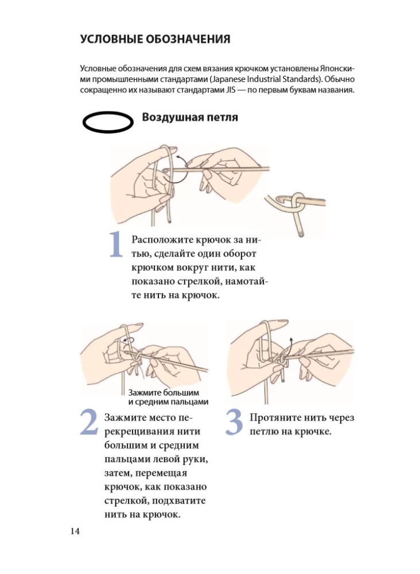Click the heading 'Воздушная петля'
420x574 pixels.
pos(190,117)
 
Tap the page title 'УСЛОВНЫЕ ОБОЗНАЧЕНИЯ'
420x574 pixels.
pos(155,39)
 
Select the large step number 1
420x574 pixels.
pos(116,244)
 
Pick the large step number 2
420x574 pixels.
pos(89,422)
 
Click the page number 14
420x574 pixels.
pos(75,531)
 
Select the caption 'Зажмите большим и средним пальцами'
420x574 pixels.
pos(168,397)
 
